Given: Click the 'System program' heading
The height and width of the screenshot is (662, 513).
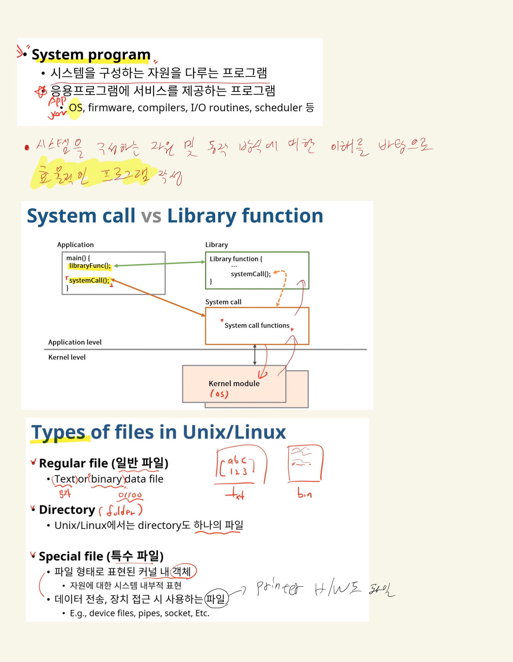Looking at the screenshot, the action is [91, 55].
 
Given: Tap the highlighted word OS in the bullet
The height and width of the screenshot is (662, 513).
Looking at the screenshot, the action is [75, 108].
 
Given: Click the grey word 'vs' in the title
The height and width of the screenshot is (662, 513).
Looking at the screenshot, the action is [151, 216].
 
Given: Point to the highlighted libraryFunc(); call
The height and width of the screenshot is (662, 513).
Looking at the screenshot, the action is [90, 266].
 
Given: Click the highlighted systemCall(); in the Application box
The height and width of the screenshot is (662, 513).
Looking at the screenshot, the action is [89, 280].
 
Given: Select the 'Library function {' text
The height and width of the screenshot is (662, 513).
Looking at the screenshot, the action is [236, 259].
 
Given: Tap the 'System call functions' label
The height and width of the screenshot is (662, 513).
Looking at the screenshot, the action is [257, 325].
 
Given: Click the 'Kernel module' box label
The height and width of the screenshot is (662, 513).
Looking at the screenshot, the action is [234, 384].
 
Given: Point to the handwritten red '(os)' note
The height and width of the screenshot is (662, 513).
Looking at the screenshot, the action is [219, 394].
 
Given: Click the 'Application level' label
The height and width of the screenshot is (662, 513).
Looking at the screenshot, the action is [75, 342].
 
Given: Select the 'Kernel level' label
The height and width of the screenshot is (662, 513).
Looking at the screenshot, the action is [67, 357].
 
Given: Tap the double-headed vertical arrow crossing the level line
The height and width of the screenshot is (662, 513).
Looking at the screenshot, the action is [255, 355].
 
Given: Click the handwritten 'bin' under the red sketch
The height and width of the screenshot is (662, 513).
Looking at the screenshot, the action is [304, 494].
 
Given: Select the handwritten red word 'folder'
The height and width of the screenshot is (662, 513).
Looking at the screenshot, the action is [121, 511].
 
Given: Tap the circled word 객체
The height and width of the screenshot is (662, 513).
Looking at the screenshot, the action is [182, 572].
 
